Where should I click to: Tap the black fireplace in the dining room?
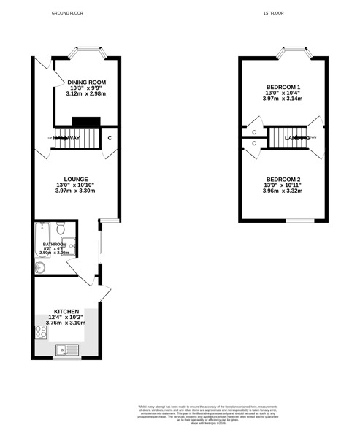point(85,122)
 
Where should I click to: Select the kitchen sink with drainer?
point(70,351)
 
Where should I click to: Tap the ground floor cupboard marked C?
point(110,137)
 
